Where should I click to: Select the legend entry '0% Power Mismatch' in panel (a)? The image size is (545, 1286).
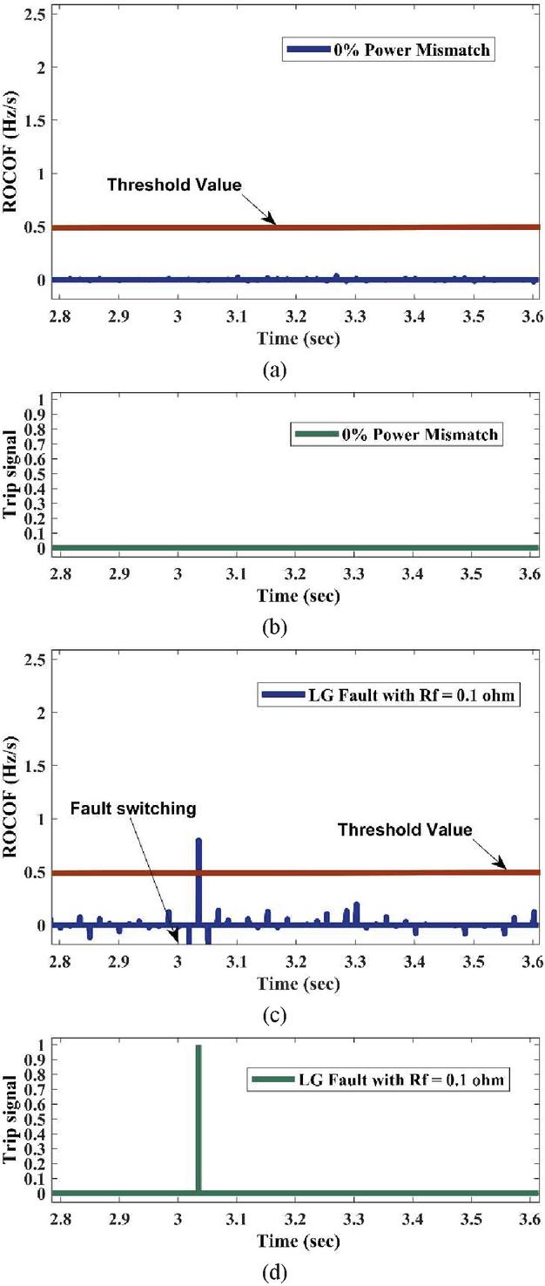tap(389, 51)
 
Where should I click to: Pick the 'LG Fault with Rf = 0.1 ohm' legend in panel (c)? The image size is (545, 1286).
tap(388, 695)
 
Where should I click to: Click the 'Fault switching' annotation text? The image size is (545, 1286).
tap(133, 809)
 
